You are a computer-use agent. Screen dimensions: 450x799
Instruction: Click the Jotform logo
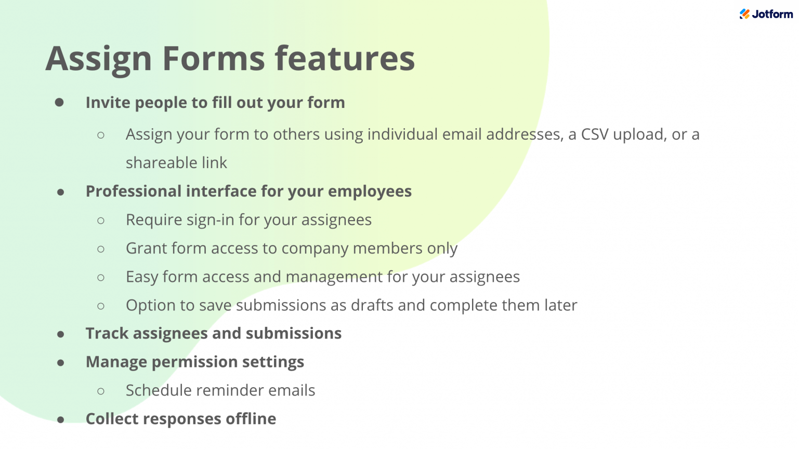click(x=766, y=14)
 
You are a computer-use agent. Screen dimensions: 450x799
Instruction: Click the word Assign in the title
click(x=98, y=58)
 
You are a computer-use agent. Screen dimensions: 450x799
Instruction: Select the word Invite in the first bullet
click(x=108, y=103)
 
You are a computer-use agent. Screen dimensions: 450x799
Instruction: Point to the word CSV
click(x=594, y=134)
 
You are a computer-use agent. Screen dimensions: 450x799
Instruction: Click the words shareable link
click(x=176, y=163)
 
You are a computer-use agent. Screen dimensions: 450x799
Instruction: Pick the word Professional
click(x=134, y=192)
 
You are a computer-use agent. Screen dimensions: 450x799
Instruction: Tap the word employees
click(x=370, y=192)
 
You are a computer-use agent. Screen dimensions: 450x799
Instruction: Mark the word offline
click(x=252, y=419)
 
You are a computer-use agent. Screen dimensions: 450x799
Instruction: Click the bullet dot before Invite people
click(x=60, y=103)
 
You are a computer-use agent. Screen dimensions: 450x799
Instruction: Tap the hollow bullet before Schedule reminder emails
click(x=101, y=391)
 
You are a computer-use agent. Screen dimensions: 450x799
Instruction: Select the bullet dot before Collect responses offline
click(x=61, y=419)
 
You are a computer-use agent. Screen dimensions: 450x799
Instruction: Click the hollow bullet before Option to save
click(x=101, y=306)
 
